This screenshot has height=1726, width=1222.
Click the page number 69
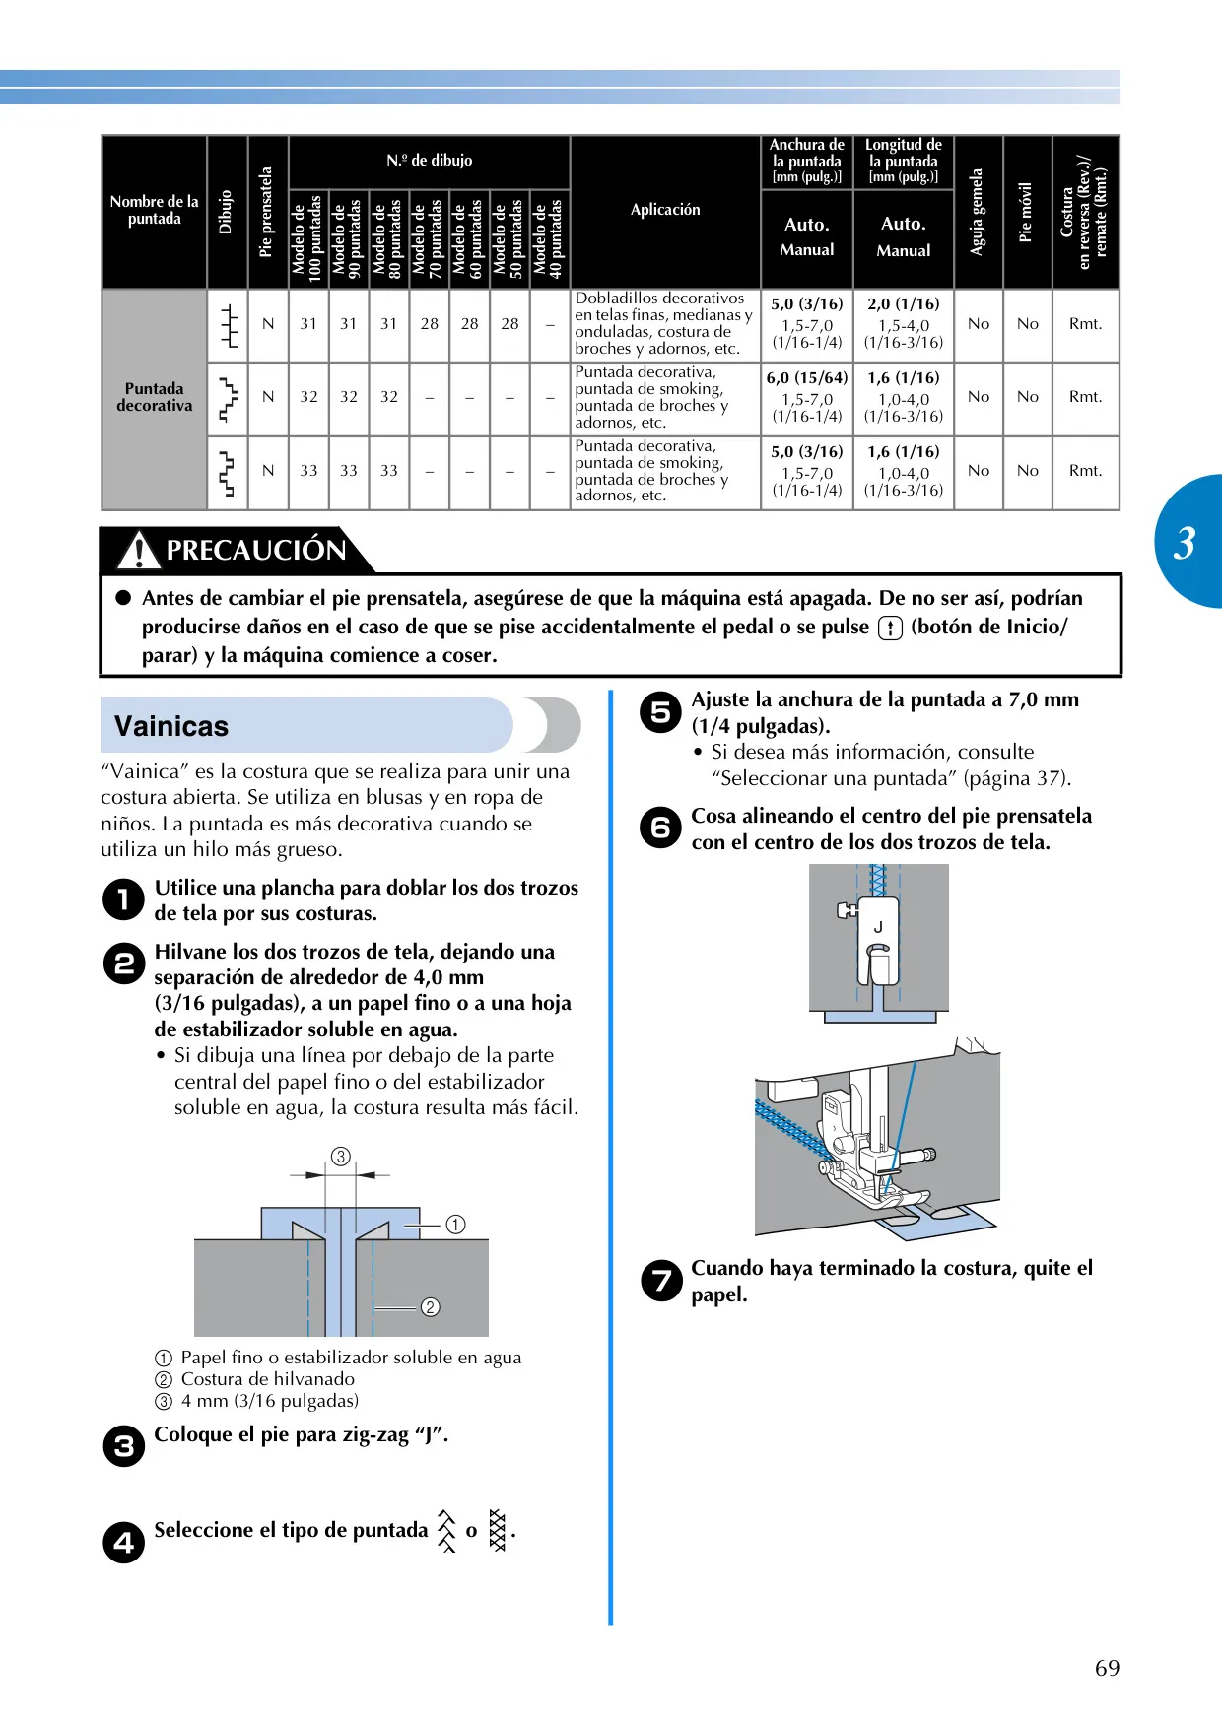(x=1107, y=1668)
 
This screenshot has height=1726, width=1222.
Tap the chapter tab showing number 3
(x=1189, y=541)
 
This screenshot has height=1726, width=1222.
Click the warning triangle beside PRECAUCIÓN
(x=139, y=550)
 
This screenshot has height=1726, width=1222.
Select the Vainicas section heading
(x=171, y=726)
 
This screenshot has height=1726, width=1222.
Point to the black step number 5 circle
(x=660, y=712)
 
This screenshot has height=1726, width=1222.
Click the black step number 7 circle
(x=660, y=1281)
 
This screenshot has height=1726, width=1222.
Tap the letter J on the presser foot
(x=878, y=926)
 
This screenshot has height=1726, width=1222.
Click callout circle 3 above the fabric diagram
(x=341, y=1156)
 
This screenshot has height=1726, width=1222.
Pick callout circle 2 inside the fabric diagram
(x=431, y=1307)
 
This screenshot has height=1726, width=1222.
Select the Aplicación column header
(x=665, y=209)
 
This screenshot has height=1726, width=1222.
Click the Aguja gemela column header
(x=978, y=212)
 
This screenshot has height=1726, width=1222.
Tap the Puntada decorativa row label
(x=155, y=397)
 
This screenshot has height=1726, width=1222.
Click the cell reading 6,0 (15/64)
(x=807, y=377)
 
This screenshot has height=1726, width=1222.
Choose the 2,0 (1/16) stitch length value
(x=904, y=304)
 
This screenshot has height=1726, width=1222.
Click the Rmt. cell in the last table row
(x=1086, y=471)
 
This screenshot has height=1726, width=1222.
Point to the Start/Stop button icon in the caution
(x=890, y=628)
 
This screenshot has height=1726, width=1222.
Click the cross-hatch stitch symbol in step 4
(x=498, y=1530)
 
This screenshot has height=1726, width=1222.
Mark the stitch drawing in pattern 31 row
(x=229, y=325)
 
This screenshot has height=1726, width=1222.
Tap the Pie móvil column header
(x=1027, y=212)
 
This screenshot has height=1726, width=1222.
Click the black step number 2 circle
(x=124, y=963)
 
